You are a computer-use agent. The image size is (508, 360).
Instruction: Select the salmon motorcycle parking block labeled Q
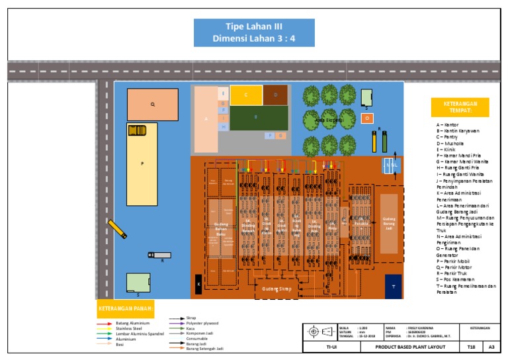(x=153, y=105)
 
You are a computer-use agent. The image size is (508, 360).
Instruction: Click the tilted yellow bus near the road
(x=117, y=229)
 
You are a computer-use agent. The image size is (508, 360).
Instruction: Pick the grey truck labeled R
(x=159, y=255)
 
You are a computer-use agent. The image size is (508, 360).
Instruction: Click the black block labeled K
(x=198, y=285)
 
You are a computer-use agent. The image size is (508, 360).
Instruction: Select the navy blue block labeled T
(x=393, y=287)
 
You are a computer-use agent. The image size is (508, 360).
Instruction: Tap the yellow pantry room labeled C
(x=245, y=95)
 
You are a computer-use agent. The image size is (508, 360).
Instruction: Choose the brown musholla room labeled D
(x=275, y=95)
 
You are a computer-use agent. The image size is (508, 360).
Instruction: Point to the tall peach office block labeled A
(x=206, y=119)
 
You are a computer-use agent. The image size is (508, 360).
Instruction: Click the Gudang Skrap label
(x=277, y=289)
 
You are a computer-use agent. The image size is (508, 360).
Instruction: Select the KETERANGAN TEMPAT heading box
(x=460, y=107)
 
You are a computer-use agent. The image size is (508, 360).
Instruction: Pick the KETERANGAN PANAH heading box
(x=127, y=308)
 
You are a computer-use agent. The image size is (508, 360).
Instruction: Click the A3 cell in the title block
(x=491, y=347)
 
